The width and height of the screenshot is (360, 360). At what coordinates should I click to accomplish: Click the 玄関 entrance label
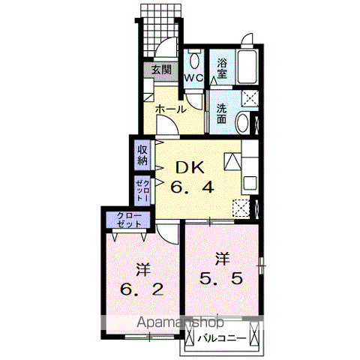161,70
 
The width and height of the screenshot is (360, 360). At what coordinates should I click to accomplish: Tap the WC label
193,78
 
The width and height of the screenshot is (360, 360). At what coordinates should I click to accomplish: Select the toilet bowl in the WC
194,61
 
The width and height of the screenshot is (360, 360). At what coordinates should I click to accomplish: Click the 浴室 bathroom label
222,68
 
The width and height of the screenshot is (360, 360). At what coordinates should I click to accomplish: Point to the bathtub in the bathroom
247,67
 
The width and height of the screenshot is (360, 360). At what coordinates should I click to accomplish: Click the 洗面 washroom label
221,114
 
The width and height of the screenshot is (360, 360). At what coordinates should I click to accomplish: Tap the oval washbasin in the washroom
243,122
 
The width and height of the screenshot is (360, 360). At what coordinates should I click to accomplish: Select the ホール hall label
171,109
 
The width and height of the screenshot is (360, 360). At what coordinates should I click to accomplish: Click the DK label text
190,167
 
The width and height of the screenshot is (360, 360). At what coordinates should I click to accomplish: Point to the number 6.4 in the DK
192,187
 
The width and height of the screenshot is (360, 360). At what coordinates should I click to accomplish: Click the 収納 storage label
142,155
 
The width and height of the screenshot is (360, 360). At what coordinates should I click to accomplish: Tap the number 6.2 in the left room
142,289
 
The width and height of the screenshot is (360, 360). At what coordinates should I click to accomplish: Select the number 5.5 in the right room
221,278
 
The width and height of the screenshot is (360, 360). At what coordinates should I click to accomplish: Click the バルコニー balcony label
222,339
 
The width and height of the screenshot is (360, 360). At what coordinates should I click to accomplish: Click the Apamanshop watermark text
180,322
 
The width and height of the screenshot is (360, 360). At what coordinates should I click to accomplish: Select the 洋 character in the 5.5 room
223,259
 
